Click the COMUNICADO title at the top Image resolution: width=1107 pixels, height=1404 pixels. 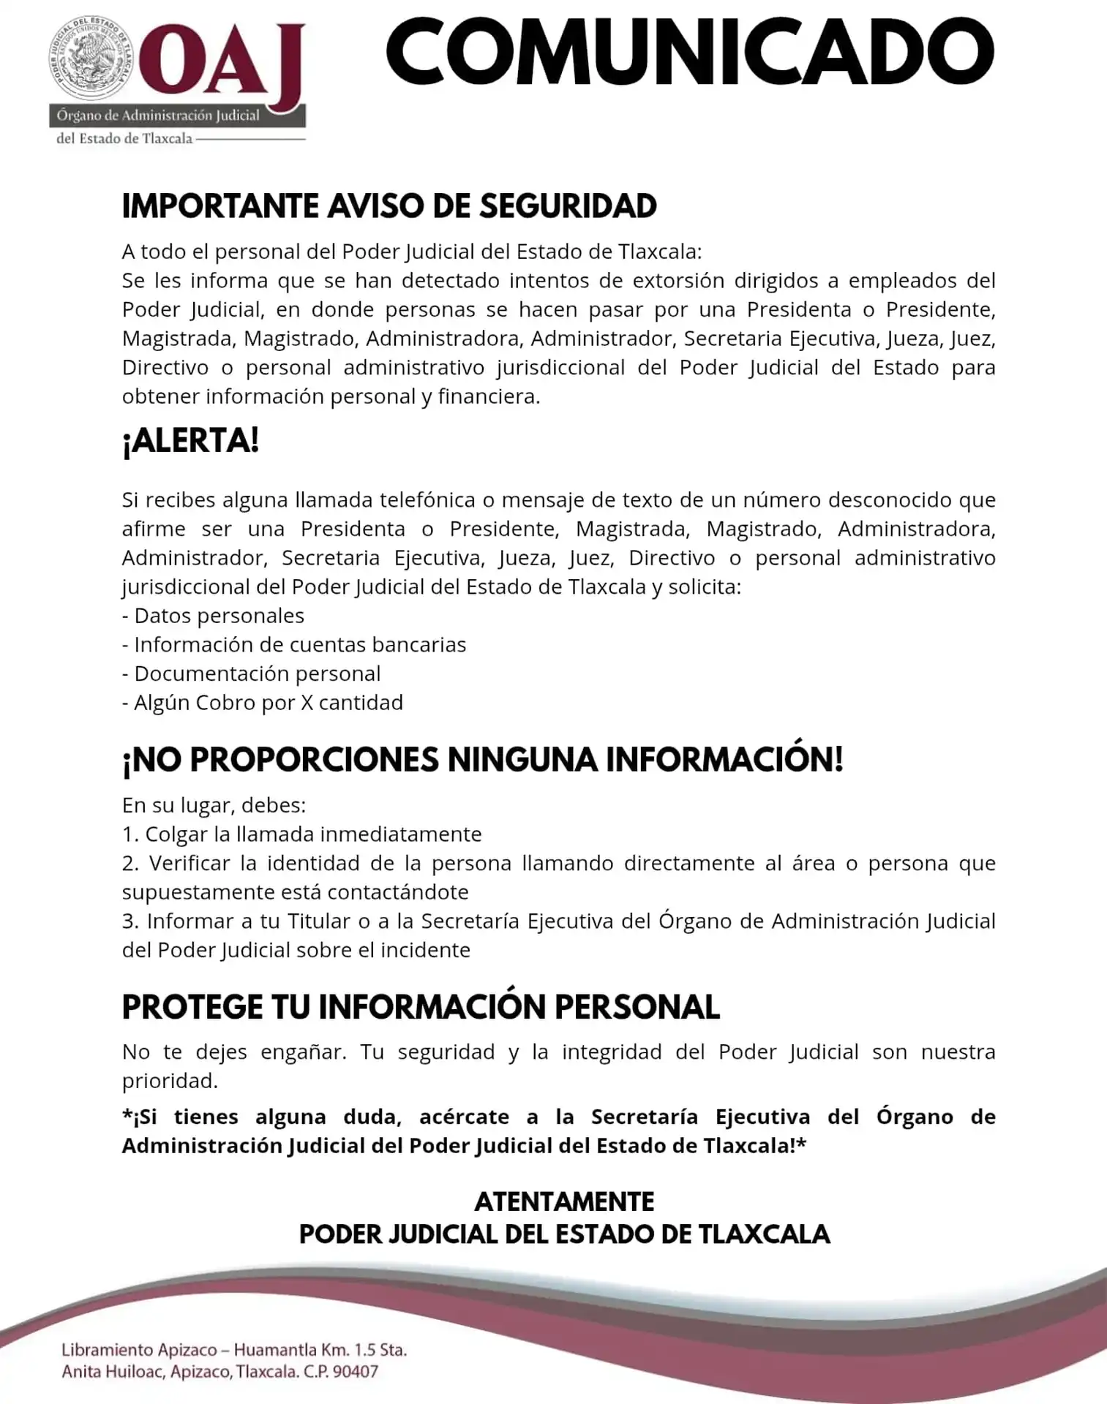[689, 53]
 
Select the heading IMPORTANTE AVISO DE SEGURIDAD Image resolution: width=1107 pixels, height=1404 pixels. [389, 206]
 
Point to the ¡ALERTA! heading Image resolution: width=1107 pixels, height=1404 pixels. [191, 441]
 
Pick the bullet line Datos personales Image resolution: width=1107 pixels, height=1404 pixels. [213, 616]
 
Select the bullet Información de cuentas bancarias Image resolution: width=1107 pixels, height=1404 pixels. [294, 645]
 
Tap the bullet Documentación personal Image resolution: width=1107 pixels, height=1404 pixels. [251, 673]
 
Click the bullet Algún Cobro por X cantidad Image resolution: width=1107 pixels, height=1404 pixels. [263, 703]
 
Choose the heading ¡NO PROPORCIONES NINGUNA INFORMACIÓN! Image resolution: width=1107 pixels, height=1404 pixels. [482, 760]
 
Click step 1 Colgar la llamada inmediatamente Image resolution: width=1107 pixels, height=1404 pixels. [302, 834]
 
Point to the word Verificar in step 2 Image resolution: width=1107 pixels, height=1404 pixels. [188, 864]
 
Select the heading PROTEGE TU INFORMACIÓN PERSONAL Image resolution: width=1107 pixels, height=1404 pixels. [421, 1007]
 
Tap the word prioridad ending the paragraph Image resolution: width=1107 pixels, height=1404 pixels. [169, 1081]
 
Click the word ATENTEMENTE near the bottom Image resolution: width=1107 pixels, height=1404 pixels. [564, 1202]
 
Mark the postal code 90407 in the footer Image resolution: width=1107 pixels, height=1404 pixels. [356, 1372]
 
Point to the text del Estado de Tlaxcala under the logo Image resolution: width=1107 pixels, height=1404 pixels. [124, 139]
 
